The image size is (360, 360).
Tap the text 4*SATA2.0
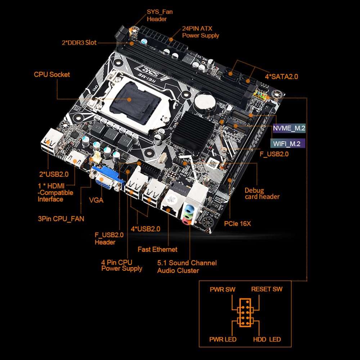[281, 76]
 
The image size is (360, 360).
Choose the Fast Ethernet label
[157, 249]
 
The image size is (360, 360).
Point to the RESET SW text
[266, 289]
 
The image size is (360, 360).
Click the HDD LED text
[267, 339]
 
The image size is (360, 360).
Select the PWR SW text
[222, 289]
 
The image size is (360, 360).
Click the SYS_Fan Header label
[159, 15]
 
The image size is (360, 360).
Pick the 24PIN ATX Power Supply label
[201, 32]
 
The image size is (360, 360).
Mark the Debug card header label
[262, 193]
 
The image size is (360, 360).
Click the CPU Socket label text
[52, 75]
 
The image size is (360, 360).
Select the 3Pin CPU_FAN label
[61, 219]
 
